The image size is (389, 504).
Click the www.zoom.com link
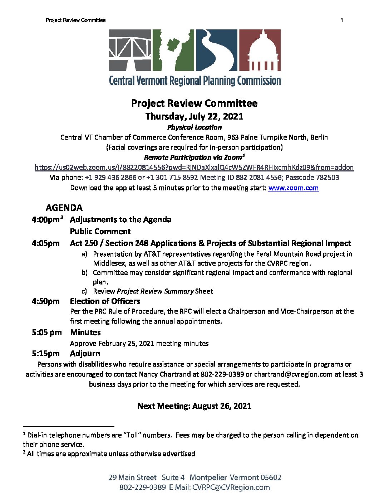pyautogui.click(x=293, y=188)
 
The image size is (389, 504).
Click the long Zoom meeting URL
pyautogui.click(x=194, y=168)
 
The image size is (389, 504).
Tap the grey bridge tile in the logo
pyautogui.click(x=130, y=50)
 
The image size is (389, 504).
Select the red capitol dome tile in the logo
pyautogui.click(x=260, y=50)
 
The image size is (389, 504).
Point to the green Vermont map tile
pyautogui.click(x=173, y=50)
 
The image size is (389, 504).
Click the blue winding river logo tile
pyautogui.click(x=216, y=50)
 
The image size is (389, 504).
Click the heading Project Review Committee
pyautogui.click(x=194, y=103)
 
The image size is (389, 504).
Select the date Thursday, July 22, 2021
pyautogui.click(x=194, y=117)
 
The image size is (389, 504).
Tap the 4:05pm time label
pyautogui.click(x=45, y=243)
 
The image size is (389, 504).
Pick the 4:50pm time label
pyautogui.click(x=45, y=301)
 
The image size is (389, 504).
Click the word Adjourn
pyautogui.click(x=85, y=354)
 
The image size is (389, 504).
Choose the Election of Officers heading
pyautogui.click(x=105, y=301)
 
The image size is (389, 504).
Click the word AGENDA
pyautogui.click(x=64, y=208)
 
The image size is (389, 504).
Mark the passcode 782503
pyautogui.click(x=327, y=178)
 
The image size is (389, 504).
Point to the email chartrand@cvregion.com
pyautogui.click(x=293, y=374)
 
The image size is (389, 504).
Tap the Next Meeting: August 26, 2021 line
pyautogui.click(x=194, y=406)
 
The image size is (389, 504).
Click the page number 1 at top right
pyautogui.click(x=341, y=20)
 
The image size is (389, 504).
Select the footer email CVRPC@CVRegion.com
pyautogui.click(x=231, y=488)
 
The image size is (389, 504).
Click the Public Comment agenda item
pyautogui.click(x=100, y=232)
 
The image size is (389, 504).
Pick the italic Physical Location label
pyautogui.click(x=194, y=127)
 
